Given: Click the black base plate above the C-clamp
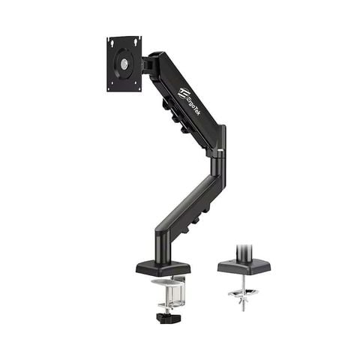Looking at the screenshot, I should point(163,267).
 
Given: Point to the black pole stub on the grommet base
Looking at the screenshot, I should point(244,250).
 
